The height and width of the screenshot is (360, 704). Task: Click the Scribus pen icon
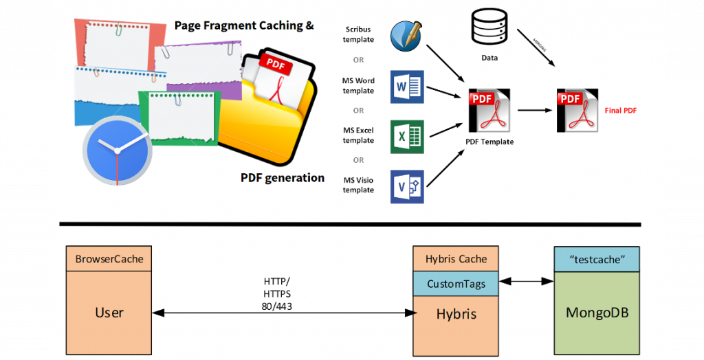(x=407, y=36)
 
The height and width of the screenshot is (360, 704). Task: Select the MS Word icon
(x=407, y=87)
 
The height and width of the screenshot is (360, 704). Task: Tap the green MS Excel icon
(x=407, y=137)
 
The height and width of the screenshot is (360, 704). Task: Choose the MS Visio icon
(x=407, y=186)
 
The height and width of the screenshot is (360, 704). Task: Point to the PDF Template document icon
(x=489, y=110)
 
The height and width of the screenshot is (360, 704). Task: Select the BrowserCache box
(x=109, y=259)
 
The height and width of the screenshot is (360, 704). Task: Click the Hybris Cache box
(x=456, y=259)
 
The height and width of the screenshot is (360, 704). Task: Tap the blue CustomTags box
(x=456, y=284)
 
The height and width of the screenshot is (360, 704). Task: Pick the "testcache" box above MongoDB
(x=597, y=259)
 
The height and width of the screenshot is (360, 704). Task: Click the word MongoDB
(x=597, y=313)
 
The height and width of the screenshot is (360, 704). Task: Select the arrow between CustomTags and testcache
(x=527, y=280)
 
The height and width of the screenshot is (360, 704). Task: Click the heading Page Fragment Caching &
(x=244, y=25)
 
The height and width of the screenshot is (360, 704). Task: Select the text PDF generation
(x=282, y=178)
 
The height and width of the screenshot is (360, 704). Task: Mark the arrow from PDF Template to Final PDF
(x=535, y=110)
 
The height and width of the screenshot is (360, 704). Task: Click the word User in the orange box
(x=109, y=313)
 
